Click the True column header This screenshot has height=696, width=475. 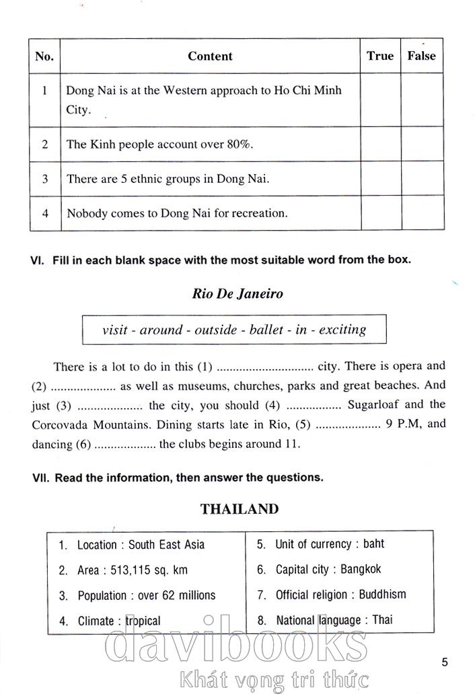point(380,56)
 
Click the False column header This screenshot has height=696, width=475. point(421,56)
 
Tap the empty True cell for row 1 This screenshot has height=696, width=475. point(380,100)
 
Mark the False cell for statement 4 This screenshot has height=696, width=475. point(421,213)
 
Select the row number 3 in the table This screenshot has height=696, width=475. point(45,179)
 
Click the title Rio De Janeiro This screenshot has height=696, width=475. point(238,294)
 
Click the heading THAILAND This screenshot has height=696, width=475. point(239,509)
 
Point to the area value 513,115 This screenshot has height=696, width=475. point(128,570)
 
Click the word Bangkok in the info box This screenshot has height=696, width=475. point(361,570)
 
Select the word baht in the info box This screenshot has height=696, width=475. point(373,544)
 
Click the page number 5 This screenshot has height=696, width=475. point(445,662)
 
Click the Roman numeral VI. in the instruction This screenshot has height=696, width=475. point(38,260)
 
